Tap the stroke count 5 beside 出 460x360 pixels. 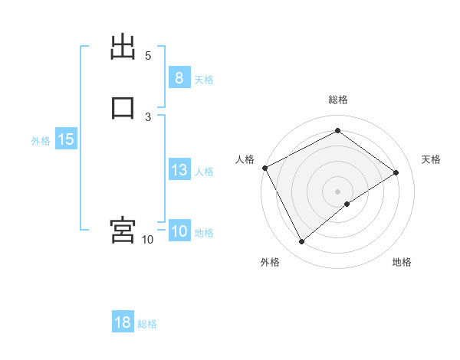click(x=148, y=56)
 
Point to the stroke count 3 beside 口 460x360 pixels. click(x=148, y=116)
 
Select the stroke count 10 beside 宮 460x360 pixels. click(x=147, y=240)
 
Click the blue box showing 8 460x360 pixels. click(x=179, y=77)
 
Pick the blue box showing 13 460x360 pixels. click(x=179, y=170)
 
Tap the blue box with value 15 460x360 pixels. click(x=65, y=139)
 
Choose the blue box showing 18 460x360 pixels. click(x=123, y=322)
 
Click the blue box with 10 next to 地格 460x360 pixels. click(x=179, y=231)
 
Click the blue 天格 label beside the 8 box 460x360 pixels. click(x=204, y=79)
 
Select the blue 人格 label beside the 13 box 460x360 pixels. click(x=204, y=172)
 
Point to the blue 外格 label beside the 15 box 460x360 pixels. click(x=41, y=141)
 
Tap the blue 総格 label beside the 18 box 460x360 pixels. click(x=147, y=324)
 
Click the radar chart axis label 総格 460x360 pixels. click(x=338, y=100)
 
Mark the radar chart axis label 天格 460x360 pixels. click(x=432, y=159)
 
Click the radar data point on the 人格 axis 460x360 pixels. click(x=264, y=168)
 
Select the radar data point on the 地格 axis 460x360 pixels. click(x=347, y=204)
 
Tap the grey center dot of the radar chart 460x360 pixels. click(x=338, y=191)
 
